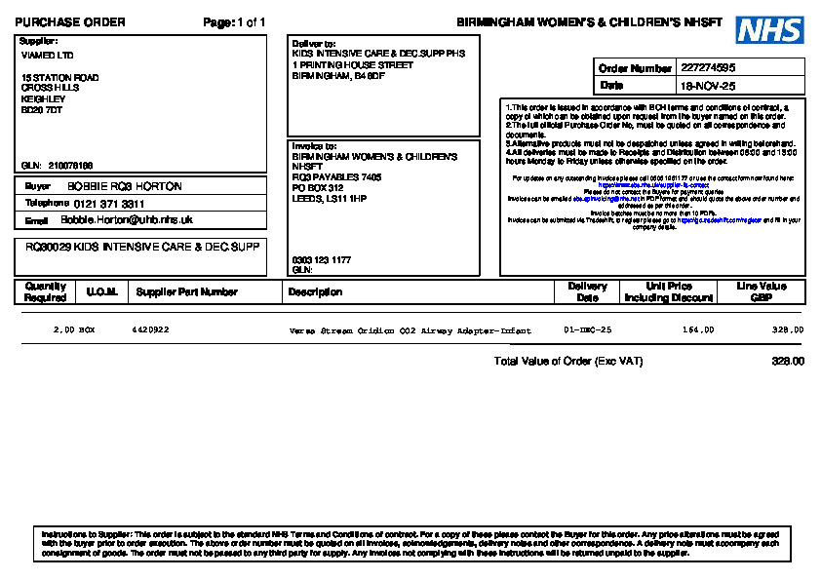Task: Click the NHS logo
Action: click(x=769, y=30)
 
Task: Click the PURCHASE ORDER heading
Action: click(x=70, y=22)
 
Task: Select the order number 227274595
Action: click(x=708, y=68)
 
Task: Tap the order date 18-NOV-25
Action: click(x=708, y=86)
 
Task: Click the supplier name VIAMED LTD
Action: click(x=47, y=56)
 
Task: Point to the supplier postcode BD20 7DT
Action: click(x=42, y=110)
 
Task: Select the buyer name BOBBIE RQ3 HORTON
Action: click(x=124, y=186)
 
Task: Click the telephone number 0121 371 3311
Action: click(x=109, y=204)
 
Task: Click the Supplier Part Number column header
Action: click(x=186, y=291)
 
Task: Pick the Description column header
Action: click(x=315, y=291)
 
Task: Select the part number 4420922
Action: click(x=150, y=330)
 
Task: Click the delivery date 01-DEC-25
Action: click(x=588, y=330)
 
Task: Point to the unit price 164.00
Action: click(x=697, y=330)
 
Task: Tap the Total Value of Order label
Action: click(x=568, y=361)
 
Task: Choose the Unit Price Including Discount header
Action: click(x=669, y=291)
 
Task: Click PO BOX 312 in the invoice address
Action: click(x=318, y=188)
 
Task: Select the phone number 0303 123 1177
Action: click(x=321, y=260)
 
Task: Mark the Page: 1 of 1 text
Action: click(x=234, y=22)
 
